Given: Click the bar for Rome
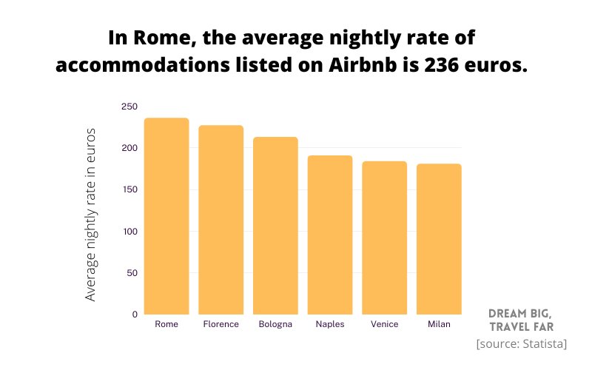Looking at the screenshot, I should [x=166, y=216].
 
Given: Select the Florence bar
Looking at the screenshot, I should [x=221, y=220].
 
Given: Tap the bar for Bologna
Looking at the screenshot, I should [x=275, y=226].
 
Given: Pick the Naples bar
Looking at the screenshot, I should [x=330, y=235].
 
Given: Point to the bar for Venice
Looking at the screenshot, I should [x=384, y=238].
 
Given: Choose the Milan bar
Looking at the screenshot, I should [x=439, y=239].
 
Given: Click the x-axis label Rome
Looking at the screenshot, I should [x=166, y=324].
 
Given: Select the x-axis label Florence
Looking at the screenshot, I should [x=221, y=324].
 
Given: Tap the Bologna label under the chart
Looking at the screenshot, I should [x=275, y=324].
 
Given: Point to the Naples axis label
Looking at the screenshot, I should [x=330, y=324].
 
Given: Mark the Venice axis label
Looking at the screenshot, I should [x=384, y=324].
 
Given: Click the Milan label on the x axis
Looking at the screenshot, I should [x=439, y=324].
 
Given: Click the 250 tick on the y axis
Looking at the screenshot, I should [x=129, y=107].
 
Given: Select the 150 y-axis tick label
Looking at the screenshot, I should [x=129, y=189].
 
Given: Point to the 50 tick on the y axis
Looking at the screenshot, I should [x=132, y=273].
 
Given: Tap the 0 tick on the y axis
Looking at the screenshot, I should [x=135, y=314].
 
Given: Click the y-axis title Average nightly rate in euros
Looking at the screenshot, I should [x=91, y=215].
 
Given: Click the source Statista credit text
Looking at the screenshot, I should [x=522, y=343].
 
